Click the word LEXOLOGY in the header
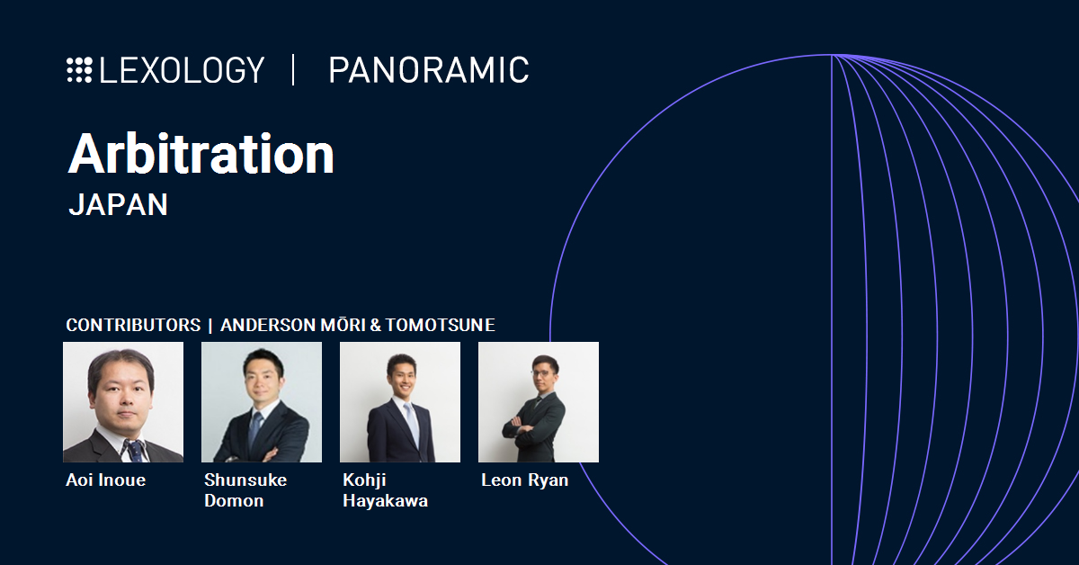[x=182, y=70]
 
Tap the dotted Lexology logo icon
[x=79, y=70]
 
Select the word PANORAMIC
[x=428, y=70]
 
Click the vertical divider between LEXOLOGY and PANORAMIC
[x=293, y=70]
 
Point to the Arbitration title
[x=201, y=154]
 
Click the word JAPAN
[x=118, y=204]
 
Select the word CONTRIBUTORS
[x=133, y=325]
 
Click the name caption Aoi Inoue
[x=105, y=480]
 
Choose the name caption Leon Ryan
[x=524, y=480]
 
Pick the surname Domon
[x=234, y=501]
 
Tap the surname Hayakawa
[x=385, y=501]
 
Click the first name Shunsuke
[x=245, y=480]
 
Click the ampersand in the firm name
[x=375, y=325]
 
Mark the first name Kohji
[x=364, y=480]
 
